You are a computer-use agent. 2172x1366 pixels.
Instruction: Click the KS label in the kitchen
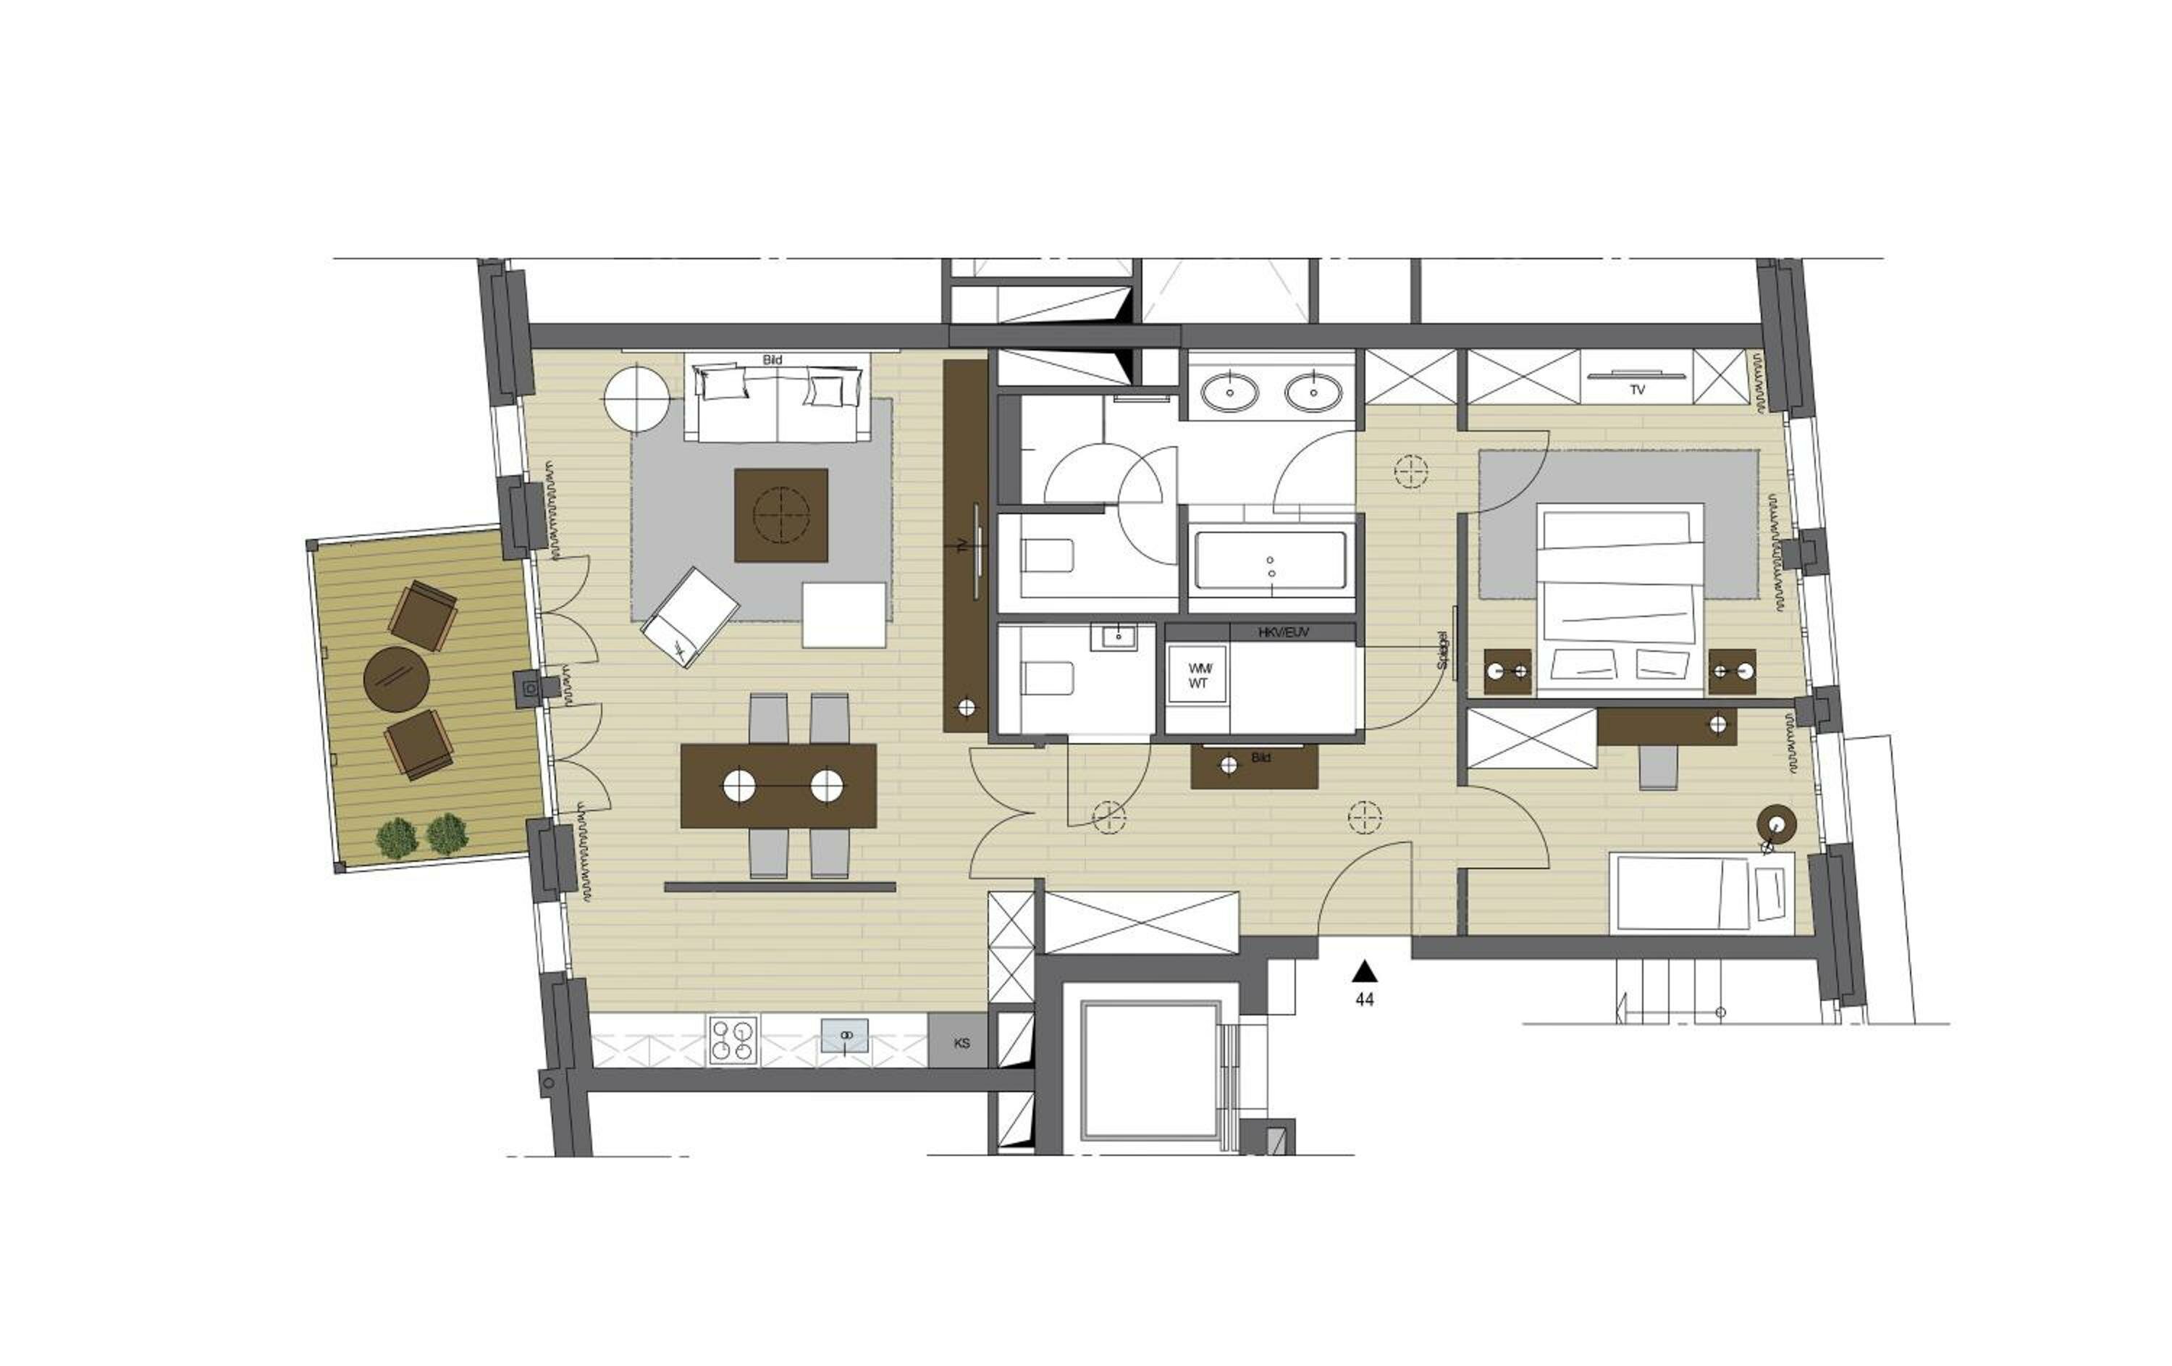point(961,1043)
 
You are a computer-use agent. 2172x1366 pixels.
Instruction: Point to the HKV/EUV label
point(1283,633)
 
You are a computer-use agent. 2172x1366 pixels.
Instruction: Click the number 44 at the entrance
point(1365,1000)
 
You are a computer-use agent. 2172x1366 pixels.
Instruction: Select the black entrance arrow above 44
point(1365,971)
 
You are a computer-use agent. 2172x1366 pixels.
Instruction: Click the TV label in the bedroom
point(1637,390)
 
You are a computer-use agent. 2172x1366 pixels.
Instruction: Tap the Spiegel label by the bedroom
point(1441,650)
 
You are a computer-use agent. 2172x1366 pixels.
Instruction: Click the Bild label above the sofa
point(772,359)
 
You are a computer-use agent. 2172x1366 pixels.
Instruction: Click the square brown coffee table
point(780,515)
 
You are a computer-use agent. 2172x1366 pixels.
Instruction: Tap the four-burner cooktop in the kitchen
point(733,1040)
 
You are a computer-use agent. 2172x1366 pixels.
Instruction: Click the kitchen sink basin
point(845,1036)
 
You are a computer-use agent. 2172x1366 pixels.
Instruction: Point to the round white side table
point(638,397)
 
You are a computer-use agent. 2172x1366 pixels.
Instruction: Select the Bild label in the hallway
point(1261,758)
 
